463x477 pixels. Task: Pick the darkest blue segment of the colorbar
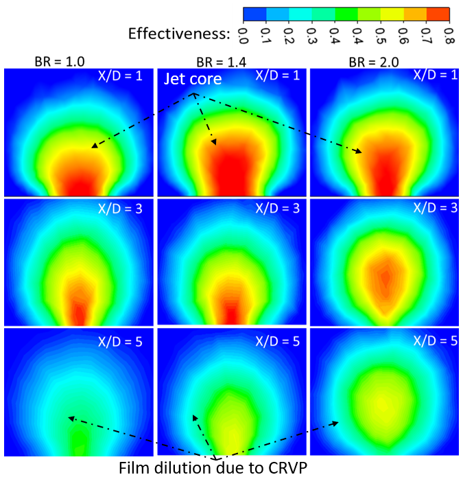coord(256,13)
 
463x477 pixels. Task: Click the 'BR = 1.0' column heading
coord(60,61)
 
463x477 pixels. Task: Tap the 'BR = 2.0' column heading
coord(368,61)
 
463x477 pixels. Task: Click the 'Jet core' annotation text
coord(193,80)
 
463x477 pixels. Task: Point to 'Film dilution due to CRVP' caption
coord(215,468)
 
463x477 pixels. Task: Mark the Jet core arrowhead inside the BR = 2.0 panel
coord(361,152)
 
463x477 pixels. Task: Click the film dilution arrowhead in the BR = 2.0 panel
coord(337,423)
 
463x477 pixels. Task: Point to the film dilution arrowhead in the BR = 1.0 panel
coord(68,417)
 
